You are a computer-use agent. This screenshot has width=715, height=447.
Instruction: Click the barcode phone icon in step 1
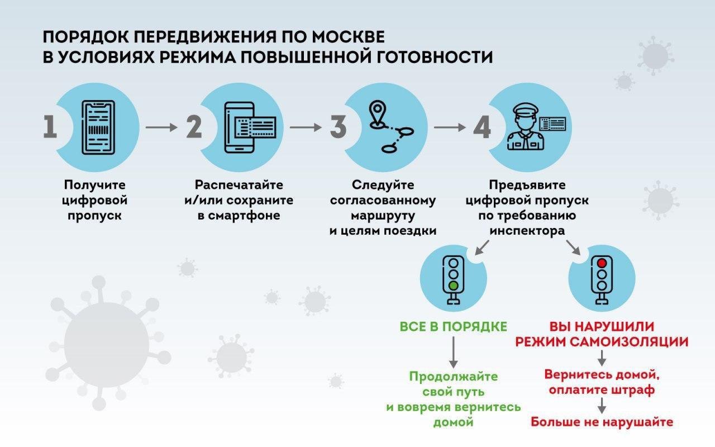[x=98, y=127]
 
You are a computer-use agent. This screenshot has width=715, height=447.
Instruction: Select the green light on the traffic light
[x=454, y=286]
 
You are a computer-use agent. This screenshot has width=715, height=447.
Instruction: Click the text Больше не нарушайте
[x=602, y=421]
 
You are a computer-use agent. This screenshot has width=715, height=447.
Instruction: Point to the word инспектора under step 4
[x=527, y=230]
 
